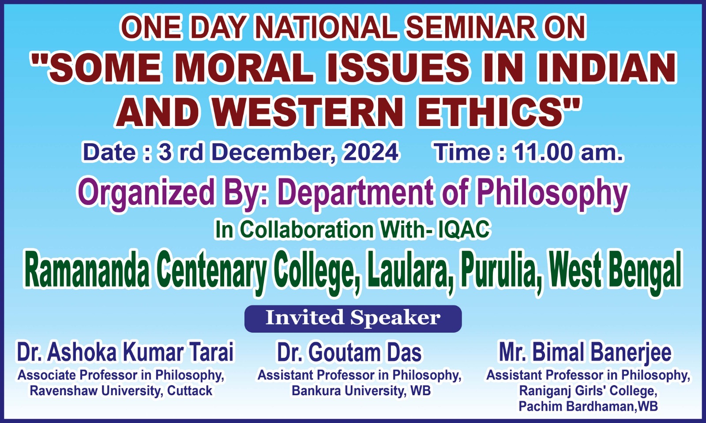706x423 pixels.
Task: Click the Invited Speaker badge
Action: coord(353,319)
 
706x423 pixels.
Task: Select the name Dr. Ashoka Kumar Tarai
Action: coord(125,352)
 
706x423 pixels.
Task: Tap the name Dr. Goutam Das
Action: coord(349,352)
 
